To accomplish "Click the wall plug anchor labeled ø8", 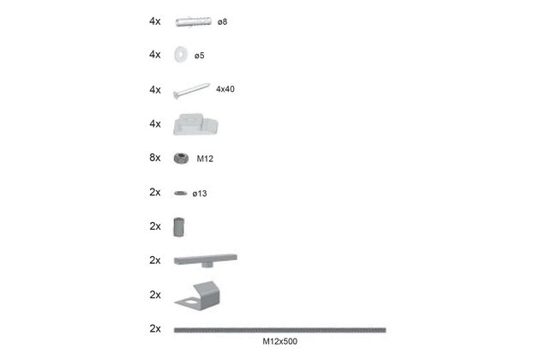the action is point(193,21).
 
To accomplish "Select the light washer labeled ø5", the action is point(181,54).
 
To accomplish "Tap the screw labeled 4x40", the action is point(191,91).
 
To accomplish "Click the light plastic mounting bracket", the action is point(195,124).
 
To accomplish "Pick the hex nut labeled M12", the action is point(181,159).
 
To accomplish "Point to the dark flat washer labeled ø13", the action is point(181,193).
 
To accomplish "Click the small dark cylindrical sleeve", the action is point(179,227).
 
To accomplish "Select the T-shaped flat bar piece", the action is point(205,259).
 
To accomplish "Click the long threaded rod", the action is point(279,330).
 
